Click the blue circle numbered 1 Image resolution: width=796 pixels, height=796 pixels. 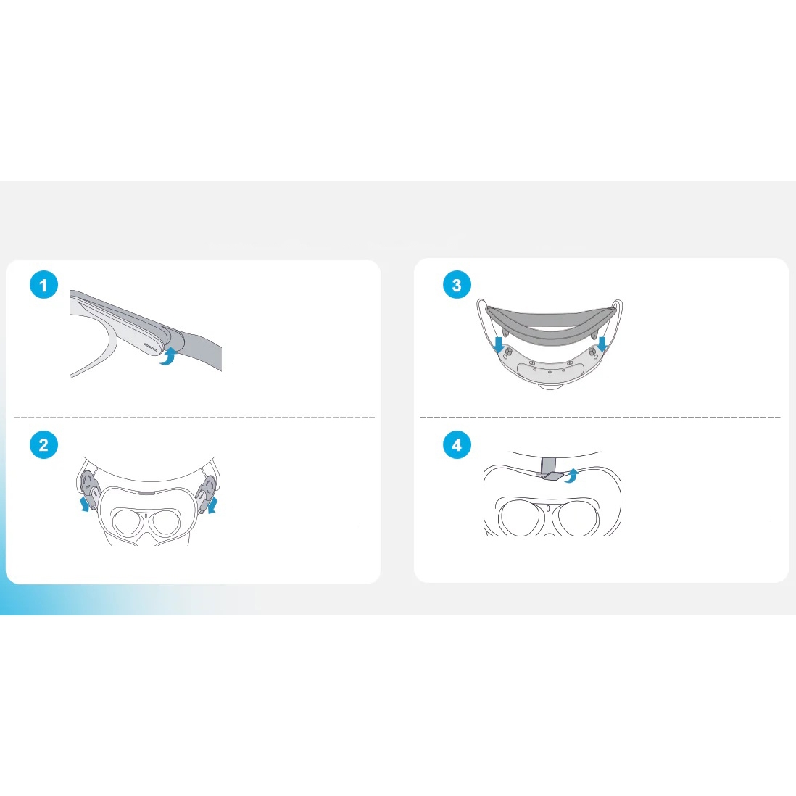[43, 285]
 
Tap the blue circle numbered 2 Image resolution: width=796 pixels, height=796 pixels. [43, 444]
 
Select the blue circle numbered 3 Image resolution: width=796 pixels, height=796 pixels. [457, 285]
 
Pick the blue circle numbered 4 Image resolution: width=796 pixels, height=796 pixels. [457, 444]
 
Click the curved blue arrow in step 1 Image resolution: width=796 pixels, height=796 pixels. [167, 356]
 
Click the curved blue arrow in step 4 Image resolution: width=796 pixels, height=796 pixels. [572, 474]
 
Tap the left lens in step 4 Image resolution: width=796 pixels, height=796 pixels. [523, 518]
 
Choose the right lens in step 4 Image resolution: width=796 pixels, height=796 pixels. [578, 518]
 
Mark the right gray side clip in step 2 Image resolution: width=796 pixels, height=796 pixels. [206, 490]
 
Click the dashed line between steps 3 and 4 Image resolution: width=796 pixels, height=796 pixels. [600, 418]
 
